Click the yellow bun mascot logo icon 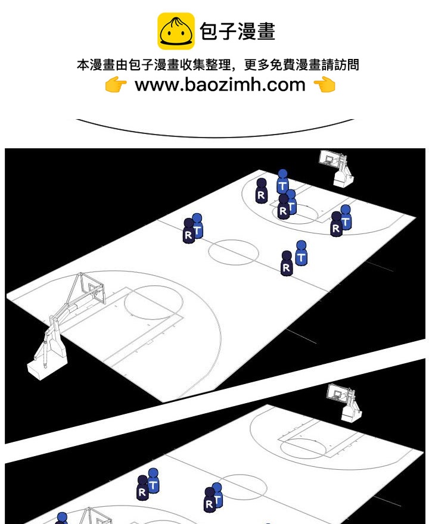point(176,31)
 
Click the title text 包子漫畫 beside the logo point(237,32)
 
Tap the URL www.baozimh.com point(220,84)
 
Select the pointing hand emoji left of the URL point(116,84)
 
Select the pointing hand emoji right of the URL point(325,84)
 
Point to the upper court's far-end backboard point(329,158)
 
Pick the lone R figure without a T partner point(261,191)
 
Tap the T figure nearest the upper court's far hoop point(282,182)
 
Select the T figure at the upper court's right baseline point(346,217)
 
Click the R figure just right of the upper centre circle point(287,263)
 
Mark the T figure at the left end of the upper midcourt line point(197,226)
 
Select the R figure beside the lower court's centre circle point(210,500)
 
